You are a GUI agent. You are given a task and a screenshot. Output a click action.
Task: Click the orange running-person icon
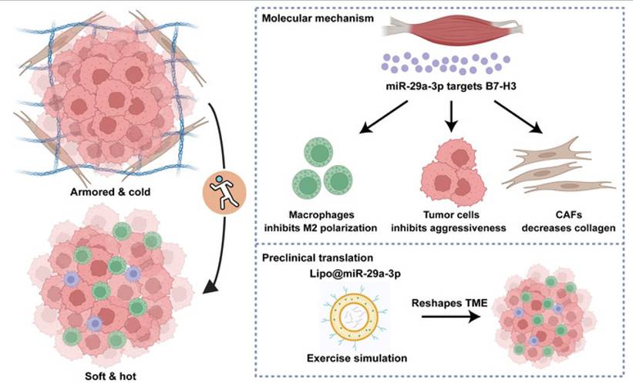coord(224,193)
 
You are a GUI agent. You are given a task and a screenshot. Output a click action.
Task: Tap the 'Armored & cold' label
coord(110,192)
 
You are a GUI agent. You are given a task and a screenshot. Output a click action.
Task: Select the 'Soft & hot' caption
coord(110,376)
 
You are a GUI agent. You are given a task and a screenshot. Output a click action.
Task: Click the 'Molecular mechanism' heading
coord(318,19)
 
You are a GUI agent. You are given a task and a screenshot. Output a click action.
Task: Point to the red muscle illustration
coord(452,29)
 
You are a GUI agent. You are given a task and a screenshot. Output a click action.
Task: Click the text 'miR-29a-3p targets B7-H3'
coord(451,86)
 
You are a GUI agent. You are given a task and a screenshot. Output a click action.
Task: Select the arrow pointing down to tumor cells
coord(451,116)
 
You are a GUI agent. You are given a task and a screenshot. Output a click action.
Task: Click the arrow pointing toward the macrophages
coord(383,116)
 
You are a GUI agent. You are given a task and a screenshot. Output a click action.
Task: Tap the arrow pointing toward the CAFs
coord(518,116)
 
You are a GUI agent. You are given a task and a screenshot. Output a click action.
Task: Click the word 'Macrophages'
coord(322,215)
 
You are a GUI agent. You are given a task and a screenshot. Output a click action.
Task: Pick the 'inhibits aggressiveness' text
coord(448,228)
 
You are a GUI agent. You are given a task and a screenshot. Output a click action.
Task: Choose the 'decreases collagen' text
coord(568,228)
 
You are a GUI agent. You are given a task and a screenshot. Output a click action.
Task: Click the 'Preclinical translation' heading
coord(318,257)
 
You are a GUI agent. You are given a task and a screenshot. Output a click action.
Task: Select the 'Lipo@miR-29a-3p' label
coord(355,274)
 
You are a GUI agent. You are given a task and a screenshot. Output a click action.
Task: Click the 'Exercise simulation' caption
coord(357,358)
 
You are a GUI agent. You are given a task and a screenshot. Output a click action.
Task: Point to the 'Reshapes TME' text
coord(449,303)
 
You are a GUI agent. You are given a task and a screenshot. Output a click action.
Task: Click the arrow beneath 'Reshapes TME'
coord(451,317)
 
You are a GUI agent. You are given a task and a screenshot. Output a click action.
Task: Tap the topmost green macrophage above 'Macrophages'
coord(319,152)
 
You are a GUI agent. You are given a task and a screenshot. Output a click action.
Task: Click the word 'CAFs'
coord(568,215)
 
